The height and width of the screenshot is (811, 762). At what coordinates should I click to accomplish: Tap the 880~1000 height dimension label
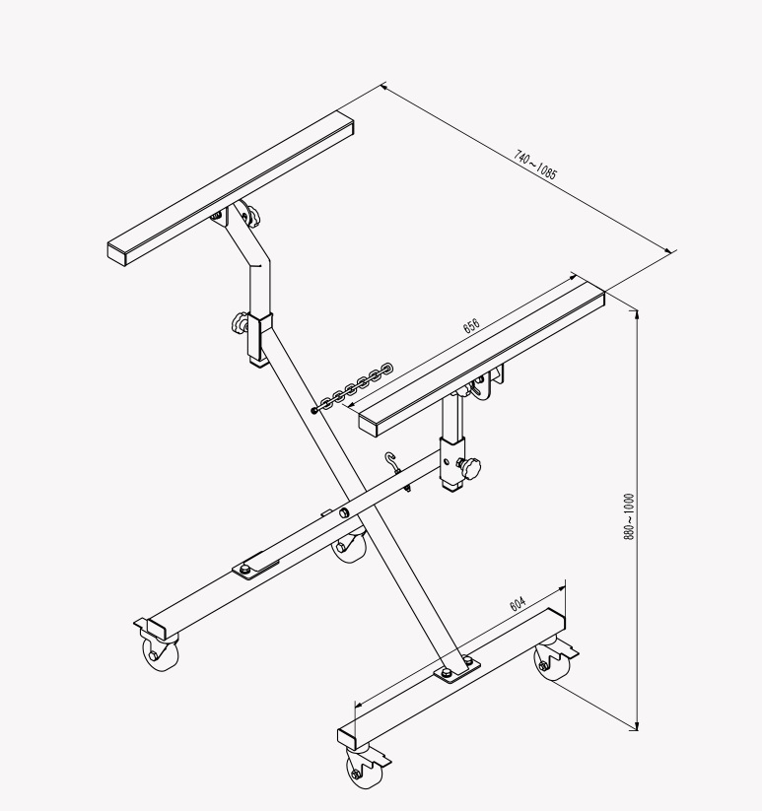628,515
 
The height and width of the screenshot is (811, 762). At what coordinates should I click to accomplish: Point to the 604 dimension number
519,603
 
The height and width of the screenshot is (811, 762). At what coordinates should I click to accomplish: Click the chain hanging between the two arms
353,388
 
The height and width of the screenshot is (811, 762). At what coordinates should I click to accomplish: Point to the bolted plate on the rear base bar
256,565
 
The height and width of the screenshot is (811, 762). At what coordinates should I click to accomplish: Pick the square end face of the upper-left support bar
118,252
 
